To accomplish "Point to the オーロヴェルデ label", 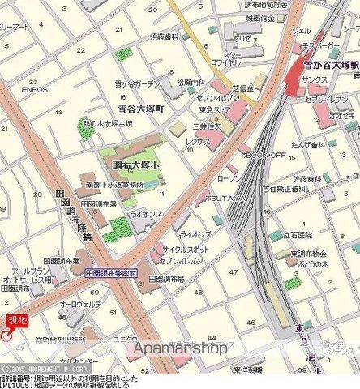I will coord(84,304).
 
